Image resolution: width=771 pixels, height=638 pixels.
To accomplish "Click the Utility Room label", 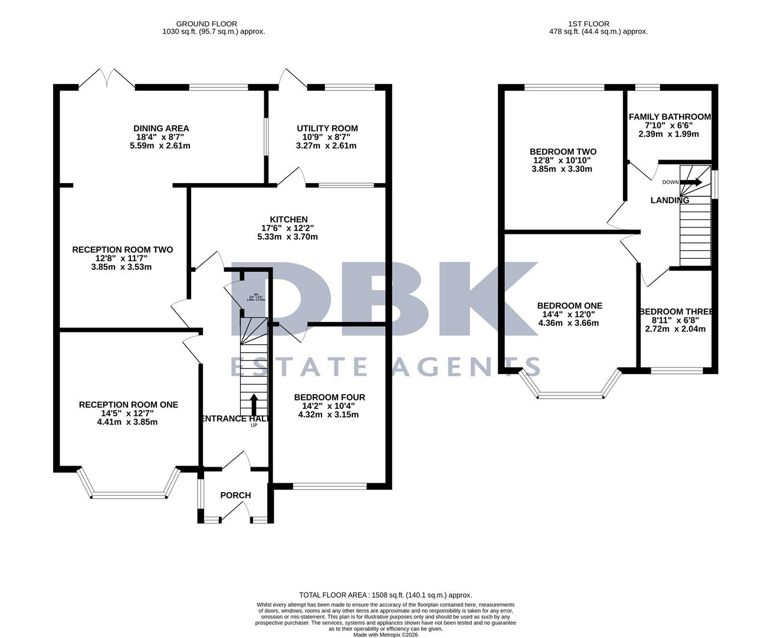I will (x=327, y=128).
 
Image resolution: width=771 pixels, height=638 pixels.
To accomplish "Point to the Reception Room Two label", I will (x=123, y=250).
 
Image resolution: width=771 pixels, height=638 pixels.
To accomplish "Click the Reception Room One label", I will (x=129, y=405).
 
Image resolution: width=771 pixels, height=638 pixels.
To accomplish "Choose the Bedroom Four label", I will (x=330, y=397).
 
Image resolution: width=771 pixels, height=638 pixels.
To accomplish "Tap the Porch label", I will (x=235, y=495).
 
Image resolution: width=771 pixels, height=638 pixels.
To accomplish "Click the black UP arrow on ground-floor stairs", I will (x=254, y=405).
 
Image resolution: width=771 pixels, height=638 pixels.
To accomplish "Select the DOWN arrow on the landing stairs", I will (x=691, y=182).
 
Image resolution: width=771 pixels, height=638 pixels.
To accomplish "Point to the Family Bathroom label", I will (x=670, y=117).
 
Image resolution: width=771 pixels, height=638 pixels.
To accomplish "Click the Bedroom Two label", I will (x=563, y=152).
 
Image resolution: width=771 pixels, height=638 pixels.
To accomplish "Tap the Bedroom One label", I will (x=569, y=305).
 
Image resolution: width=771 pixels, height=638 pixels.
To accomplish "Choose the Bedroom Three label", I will (x=676, y=311).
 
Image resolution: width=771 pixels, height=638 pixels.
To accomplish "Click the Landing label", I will (x=670, y=200).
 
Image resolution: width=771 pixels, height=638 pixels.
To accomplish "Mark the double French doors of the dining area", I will (x=107, y=79).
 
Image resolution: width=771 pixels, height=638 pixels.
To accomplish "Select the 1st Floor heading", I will (x=598, y=24).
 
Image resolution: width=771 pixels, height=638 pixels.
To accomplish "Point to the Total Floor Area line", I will (x=385, y=595).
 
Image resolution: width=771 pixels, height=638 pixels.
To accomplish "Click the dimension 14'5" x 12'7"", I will (x=129, y=414).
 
